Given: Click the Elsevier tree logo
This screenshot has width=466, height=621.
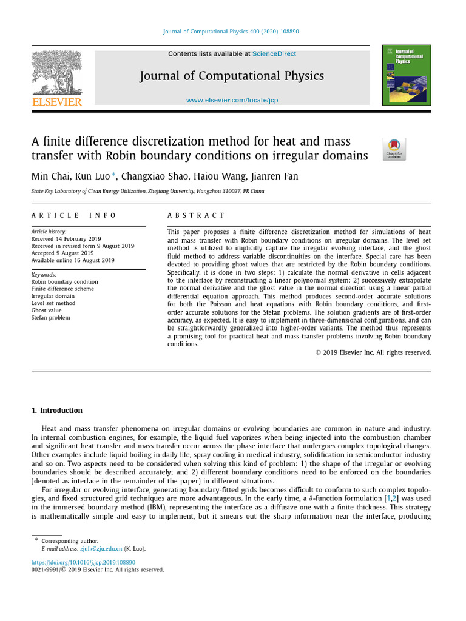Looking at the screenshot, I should (56, 72).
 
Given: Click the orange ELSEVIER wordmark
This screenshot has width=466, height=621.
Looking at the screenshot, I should (56, 102).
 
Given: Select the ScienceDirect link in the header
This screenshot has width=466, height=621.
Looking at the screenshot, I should (274, 54).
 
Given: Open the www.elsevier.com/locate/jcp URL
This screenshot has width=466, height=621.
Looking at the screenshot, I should (232, 100).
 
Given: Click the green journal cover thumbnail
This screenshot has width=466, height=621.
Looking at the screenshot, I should (407, 75).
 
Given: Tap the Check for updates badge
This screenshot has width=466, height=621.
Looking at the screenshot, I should (394, 149).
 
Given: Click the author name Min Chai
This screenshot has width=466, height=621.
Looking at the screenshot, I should (50, 176).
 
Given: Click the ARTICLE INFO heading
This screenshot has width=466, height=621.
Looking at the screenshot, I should (74, 215).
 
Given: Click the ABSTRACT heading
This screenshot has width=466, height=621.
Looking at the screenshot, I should (195, 215).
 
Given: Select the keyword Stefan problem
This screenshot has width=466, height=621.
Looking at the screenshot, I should (51, 317).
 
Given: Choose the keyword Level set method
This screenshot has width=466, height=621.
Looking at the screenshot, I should (53, 303).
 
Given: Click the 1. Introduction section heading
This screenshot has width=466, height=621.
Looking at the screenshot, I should (57, 411).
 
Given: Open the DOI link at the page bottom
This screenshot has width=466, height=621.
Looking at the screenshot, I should (83, 562).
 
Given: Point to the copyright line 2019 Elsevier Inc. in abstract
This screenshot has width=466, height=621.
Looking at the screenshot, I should (373, 352).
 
